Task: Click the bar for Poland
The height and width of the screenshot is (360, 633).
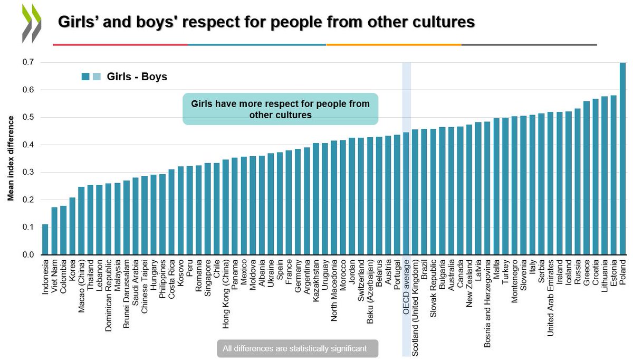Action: pos(622,158)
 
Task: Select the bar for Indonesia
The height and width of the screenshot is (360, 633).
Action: pos(45,240)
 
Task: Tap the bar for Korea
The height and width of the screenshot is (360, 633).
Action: pos(72,226)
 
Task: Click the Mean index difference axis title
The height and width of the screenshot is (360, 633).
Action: pos(10,158)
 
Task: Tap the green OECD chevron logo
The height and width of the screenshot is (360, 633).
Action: pos(31,24)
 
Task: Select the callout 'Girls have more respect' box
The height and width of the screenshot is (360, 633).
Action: pos(281,109)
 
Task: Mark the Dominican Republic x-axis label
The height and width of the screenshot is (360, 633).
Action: pos(109,288)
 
